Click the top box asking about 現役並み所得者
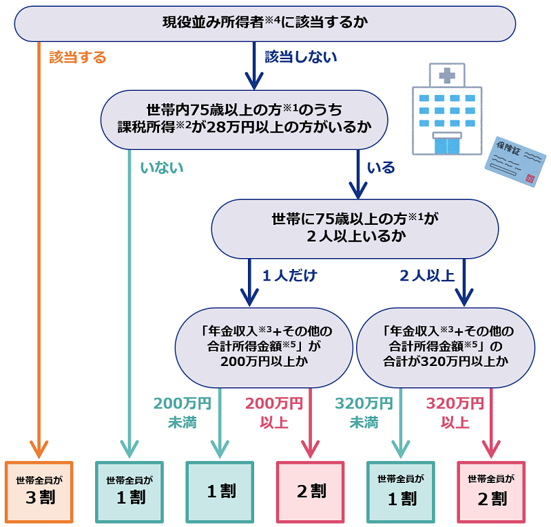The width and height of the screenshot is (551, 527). pyautogui.click(x=265, y=23)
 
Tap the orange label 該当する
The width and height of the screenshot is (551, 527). pyautogui.click(x=78, y=58)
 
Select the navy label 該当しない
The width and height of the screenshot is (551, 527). pyautogui.click(x=301, y=57)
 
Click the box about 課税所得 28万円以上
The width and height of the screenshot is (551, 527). pyautogui.click(x=244, y=119)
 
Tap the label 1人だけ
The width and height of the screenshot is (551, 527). pyautogui.click(x=290, y=276)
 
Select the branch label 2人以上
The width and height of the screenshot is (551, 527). pyautogui.click(x=427, y=276)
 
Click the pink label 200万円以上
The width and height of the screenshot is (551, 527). pyautogui.click(x=274, y=412)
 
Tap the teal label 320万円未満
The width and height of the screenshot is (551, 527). pyautogui.click(x=364, y=412)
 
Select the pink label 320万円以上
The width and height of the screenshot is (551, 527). pyautogui.click(x=455, y=412)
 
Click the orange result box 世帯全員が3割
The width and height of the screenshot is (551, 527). pyautogui.click(x=39, y=492)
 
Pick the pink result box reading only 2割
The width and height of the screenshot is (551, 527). pyautogui.click(x=311, y=491)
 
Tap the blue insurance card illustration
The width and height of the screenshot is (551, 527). pyautogui.click(x=515, y=162)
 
